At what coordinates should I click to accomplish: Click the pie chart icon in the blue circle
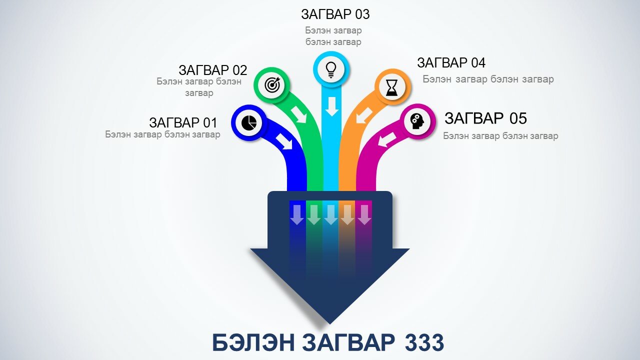(x=249, y=123)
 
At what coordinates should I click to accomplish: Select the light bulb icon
(x=331, y=70)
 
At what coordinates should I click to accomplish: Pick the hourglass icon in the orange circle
(x=391, y=87)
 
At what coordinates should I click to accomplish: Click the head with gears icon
(x=417, y=121)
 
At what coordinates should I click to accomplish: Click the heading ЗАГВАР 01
(x=183, y=122)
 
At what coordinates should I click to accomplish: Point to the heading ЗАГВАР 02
(x=213, y=70)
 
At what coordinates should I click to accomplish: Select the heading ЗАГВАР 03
(x=335, y=14)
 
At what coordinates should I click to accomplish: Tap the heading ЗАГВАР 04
(x=451, y=63)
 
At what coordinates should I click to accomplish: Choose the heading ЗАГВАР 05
(x=485, y=118)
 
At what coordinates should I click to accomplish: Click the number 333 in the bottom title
(x=424, y=342)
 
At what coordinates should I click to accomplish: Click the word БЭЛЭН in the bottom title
(x=253, y=342)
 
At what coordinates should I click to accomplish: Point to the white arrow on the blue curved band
(x=284, y=141)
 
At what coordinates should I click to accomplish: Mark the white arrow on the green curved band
(x=299, y=115)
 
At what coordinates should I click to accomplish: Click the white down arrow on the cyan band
(x=331, y=106)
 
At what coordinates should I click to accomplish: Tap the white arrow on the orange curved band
(x=363, y=115)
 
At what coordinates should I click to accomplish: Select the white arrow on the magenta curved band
(x=387, y=139)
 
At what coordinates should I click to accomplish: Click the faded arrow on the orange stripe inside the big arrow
(x=347, y=214)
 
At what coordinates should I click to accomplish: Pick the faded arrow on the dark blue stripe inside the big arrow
(x=297, y=214)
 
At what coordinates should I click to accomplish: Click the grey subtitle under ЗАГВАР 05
(x=500, y=135)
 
